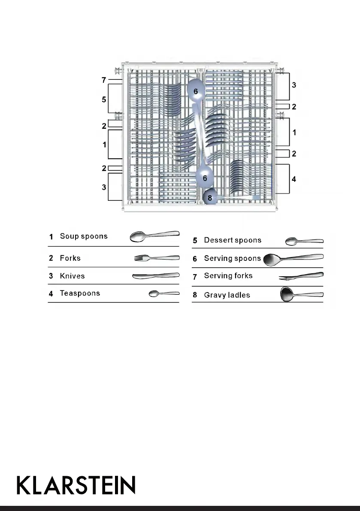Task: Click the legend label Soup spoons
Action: point(84,236)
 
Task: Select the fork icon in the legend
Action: point(157,258)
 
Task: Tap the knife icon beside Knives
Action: point(155,276)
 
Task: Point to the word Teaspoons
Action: point(80,293)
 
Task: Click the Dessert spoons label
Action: point(233,240)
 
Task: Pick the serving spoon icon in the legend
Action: point(293,259)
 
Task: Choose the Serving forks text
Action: point(228,276)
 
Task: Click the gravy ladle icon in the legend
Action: point(301,295)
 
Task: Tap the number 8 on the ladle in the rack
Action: point(210,198)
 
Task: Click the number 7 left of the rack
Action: point(103,80)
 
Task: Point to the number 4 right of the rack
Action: point(294,178)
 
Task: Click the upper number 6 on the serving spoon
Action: point(196,91)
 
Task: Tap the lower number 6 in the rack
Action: point(205,178)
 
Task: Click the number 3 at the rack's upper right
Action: point(294,85)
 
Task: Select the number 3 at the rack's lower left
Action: point(104,187)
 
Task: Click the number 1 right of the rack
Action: point(294,133)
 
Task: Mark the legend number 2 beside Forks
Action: point(51,258)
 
